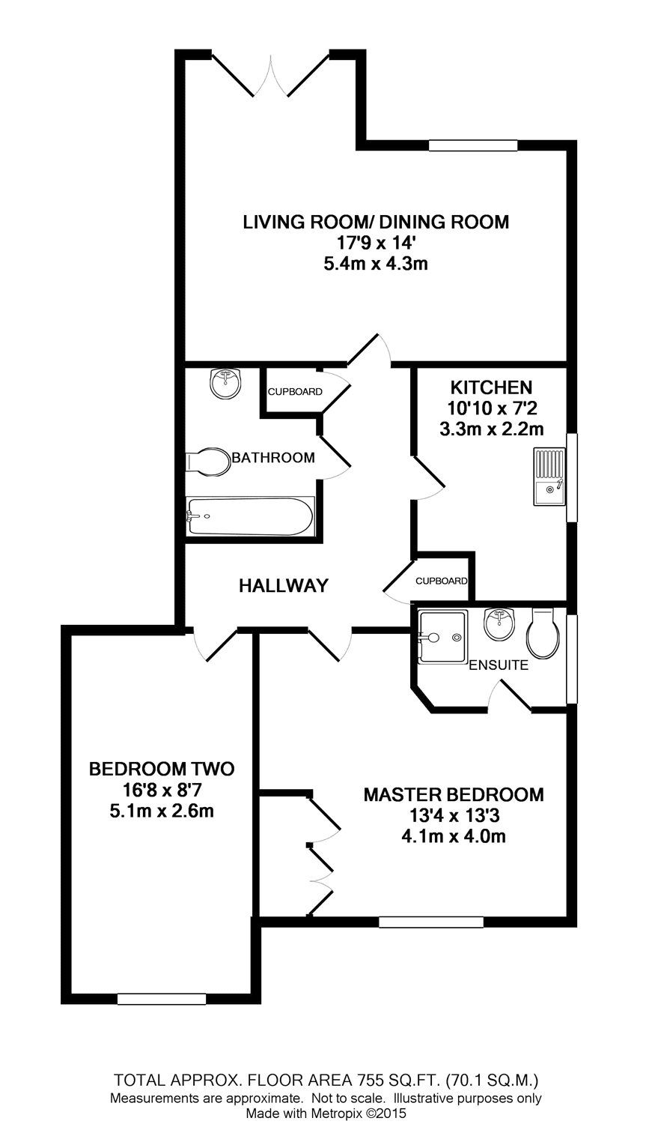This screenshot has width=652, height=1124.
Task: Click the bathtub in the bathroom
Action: (250, 516)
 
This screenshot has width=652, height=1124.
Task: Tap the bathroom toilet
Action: (208, 462)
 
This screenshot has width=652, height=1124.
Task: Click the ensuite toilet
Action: (542, 634)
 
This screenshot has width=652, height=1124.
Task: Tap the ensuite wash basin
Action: (498, 624)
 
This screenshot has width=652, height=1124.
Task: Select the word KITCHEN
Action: (490, 387)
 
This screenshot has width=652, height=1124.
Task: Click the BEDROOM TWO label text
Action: (161, 769)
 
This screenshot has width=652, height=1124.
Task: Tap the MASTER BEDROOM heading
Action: (454, 794)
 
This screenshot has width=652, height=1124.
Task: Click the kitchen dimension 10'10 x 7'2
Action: (490, 408)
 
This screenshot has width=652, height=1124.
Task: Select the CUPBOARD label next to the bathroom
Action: (295, 392)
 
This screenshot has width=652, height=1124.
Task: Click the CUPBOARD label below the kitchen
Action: (442, 581)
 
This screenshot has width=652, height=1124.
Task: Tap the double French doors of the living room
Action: (269, 75)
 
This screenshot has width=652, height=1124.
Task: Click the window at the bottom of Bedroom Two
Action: (161, 998)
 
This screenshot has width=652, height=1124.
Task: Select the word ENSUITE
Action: (499, 665)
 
